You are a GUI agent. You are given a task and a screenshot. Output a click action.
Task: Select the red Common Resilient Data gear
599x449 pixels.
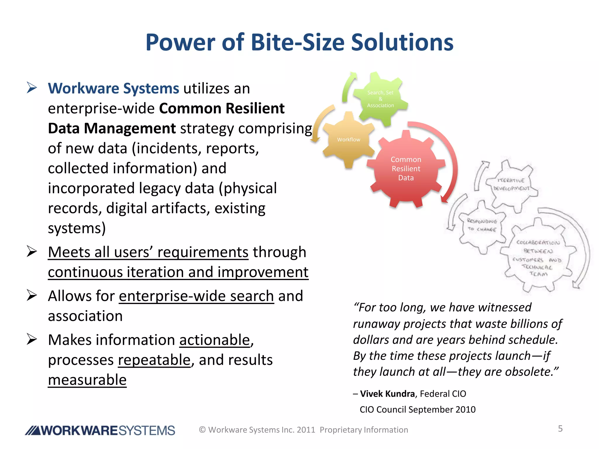(406, 169)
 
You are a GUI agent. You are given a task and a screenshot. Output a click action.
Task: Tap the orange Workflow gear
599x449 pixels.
(348, 140)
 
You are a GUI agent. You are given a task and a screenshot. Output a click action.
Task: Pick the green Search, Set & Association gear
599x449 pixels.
(380, 99)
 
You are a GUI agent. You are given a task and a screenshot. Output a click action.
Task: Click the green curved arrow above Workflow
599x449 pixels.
(349, 87)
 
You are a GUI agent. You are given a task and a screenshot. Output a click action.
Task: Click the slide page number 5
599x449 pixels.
(560, 429)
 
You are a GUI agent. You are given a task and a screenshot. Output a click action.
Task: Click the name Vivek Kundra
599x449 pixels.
(387, 394)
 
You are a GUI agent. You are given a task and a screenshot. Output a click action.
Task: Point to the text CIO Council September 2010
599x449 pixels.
(417, 410)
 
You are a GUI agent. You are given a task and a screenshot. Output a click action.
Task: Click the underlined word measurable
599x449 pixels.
(87, 380)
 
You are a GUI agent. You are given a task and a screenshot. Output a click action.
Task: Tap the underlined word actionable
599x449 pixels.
(214, 340)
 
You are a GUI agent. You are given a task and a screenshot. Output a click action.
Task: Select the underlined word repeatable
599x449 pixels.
(154, 360)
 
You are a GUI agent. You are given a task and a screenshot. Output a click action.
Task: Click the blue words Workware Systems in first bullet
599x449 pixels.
(113, 88)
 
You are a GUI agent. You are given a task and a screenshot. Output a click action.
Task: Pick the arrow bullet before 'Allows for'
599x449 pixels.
(32, 295)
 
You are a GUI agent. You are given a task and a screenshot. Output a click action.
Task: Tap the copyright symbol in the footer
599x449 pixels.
(202, 430)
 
